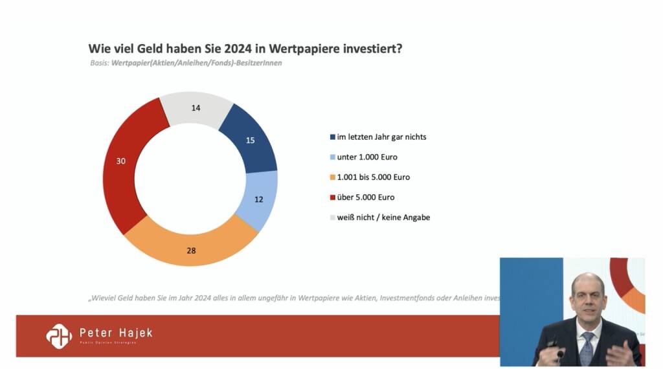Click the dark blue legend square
tap(332, 137)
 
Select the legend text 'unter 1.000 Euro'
tap(367, 157)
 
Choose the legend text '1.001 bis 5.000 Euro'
tap(374, 177)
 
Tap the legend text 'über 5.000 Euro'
tap(366, 197)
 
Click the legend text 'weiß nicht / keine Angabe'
tap(383, 218)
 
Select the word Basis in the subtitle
tap(99, 63)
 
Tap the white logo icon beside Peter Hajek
tap(58, 335)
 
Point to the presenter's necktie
tap(587, 347)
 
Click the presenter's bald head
tap(587, 285)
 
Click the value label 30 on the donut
tap(121, 161)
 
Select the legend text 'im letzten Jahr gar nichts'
tap(382, 137)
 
